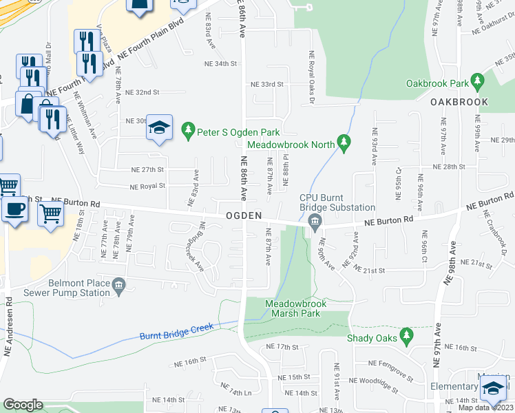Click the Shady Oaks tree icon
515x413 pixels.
click(406, 337)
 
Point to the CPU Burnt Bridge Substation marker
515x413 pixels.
click(315, 222)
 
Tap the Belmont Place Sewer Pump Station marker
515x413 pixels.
click(118, 284)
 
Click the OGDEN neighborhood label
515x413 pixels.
click(243, 216)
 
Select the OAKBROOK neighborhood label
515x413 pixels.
click(459, 102)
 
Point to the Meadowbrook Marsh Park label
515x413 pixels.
click(296, 308)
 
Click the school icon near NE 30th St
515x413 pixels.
click(160, 127)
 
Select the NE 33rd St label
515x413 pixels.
click(267, 85)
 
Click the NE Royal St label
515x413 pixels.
click(147, 186)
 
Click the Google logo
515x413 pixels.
click(23, 405)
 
